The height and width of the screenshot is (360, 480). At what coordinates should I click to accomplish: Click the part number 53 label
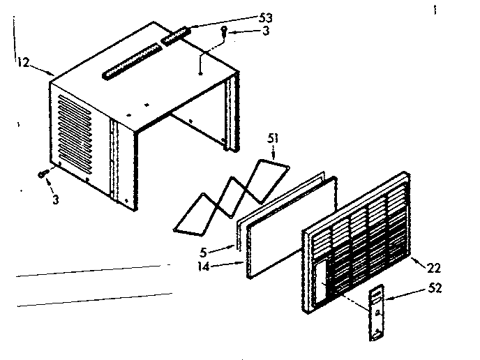265,18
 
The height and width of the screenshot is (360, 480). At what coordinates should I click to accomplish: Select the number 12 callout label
23,63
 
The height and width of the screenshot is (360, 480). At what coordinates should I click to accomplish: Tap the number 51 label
273,138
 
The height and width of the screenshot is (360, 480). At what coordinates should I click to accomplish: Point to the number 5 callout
203,253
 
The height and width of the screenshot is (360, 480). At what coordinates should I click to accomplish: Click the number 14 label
203,267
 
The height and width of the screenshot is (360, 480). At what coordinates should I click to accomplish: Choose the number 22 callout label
434,268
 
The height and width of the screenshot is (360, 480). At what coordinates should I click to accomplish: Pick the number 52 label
435,287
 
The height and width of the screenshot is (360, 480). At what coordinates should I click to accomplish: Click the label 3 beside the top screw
266,31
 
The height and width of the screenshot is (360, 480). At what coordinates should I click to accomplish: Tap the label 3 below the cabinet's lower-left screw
55,200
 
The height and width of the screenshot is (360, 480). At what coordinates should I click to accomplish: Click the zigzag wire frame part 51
232,197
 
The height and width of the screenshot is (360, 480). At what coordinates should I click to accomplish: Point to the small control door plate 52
377,313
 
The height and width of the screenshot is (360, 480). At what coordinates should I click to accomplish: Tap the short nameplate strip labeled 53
177,36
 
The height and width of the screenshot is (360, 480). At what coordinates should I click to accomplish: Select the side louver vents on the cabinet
75,135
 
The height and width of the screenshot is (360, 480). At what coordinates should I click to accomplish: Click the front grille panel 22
356,243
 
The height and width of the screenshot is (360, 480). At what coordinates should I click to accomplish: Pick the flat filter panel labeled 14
292,227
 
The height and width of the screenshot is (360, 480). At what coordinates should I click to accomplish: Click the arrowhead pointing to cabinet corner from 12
52,73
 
